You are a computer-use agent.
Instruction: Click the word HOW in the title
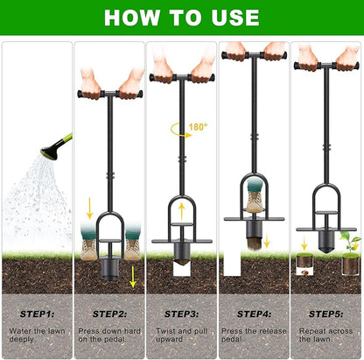click(132, 17)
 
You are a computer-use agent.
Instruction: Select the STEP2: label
click(108, 313)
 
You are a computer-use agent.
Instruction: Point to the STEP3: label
click(180, 313)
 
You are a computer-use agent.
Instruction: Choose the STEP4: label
click(253, 313)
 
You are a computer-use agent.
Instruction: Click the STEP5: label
click(325, 313)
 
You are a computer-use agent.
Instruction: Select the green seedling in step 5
click(349, 240)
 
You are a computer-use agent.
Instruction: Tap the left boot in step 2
click(89, 242)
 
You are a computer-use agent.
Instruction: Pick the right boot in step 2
click(131, 242)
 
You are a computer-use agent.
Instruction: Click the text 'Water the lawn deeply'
click(36, 335)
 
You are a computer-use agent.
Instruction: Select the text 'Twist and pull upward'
click(180, 335)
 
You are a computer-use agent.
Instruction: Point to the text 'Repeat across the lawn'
click(325, 335)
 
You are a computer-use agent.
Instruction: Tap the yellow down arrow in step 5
click(304, 244)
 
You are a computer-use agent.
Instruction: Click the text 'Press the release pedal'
click(253, 335)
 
